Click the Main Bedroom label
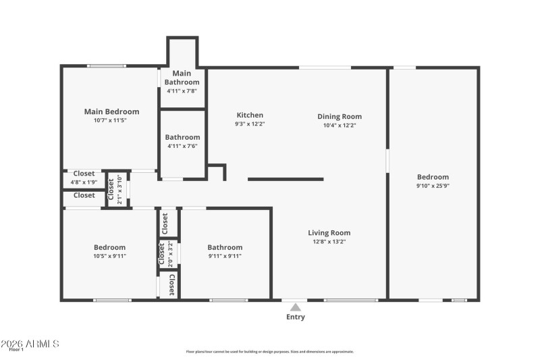(111, 111)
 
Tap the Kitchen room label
(250, 115)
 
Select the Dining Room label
(340, 116)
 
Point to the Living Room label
(329, 233)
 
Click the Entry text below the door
(296, 317)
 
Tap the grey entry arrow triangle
(296, 307)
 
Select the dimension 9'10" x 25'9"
(433, 186)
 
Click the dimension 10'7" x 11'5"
(111, 120)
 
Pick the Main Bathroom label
(182, 77)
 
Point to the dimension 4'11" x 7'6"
(183, 145)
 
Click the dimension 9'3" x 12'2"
(250, 124)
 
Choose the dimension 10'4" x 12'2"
(340, 125)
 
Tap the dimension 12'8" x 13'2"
(329, 242)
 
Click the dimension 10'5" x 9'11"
(109, 256)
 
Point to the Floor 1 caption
(16, 350)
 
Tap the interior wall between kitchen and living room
(286, 179)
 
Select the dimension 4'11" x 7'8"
(182, 91)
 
